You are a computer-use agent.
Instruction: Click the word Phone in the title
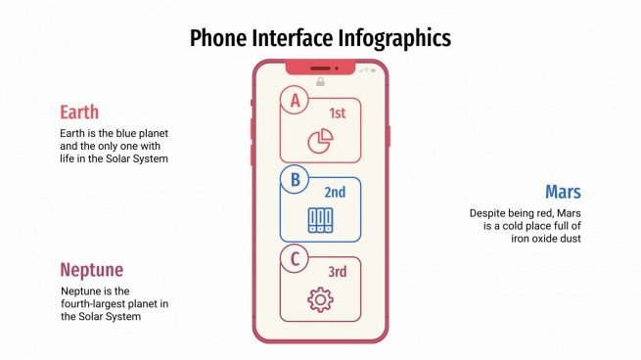[x=217, y=38]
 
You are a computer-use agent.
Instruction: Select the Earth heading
[x=79, y=112]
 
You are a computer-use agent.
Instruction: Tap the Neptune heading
[x=91, y=270]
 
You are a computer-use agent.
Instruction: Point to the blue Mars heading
[x=564, y=191]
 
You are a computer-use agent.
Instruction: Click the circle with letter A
[x=293, y=99]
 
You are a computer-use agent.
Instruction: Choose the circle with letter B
[x=293, y=179]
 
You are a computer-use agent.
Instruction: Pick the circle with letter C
[x=293, y=259]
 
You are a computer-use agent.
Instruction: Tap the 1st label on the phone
[x=338, y=113]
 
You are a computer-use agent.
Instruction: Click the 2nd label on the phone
[x=336, y=193]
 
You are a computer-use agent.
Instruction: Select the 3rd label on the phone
[x=338, y=272]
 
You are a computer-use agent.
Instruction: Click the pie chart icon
[x=320, y=141]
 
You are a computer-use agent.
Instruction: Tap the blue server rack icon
[x=320, y=220]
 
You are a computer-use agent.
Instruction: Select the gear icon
[x=320, y=299]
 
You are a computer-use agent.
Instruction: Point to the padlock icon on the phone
[x=320, y=82]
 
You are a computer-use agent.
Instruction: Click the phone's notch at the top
[x=320, y=67]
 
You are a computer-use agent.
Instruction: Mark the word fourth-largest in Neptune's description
[x=96, y=303]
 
